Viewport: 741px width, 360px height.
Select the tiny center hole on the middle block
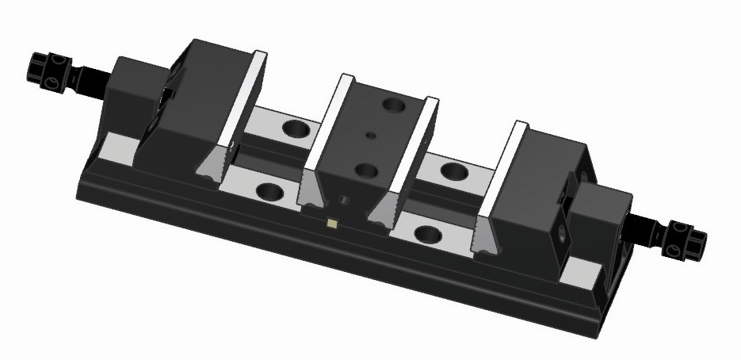[370, 136]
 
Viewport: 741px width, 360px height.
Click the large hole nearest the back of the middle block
[392, 103]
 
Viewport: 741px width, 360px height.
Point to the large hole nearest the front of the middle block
[365, 169]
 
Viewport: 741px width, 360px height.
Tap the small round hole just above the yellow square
[342, 199]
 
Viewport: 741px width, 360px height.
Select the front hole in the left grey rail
[269, 191]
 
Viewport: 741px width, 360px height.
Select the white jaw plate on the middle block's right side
[413, 155]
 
